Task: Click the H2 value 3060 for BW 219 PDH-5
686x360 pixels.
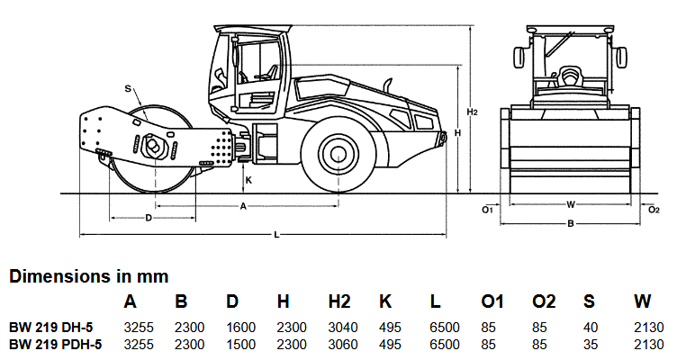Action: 339,344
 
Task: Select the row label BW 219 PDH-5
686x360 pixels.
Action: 55,344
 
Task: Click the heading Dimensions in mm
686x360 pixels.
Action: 89,276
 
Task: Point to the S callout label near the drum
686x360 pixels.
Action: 128,88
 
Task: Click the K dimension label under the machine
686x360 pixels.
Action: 248,179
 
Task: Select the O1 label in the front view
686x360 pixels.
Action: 487,210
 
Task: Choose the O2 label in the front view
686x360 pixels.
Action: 654,210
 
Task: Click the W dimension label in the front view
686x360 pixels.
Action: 571,204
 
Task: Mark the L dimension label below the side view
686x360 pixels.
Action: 276,235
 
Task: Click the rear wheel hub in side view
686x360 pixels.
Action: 339,153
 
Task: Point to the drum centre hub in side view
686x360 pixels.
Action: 150,146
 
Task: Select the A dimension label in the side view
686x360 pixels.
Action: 243,206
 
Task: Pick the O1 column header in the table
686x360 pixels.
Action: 493,301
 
